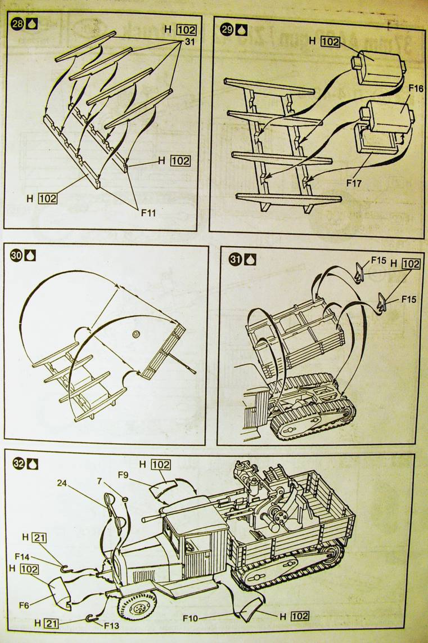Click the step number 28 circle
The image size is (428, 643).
click(x=17, y=25)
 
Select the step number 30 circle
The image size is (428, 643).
click(x=16, y=256)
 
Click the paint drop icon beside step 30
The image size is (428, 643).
click(x=30, y=256)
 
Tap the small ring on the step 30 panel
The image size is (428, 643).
click(x=135, y=335)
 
